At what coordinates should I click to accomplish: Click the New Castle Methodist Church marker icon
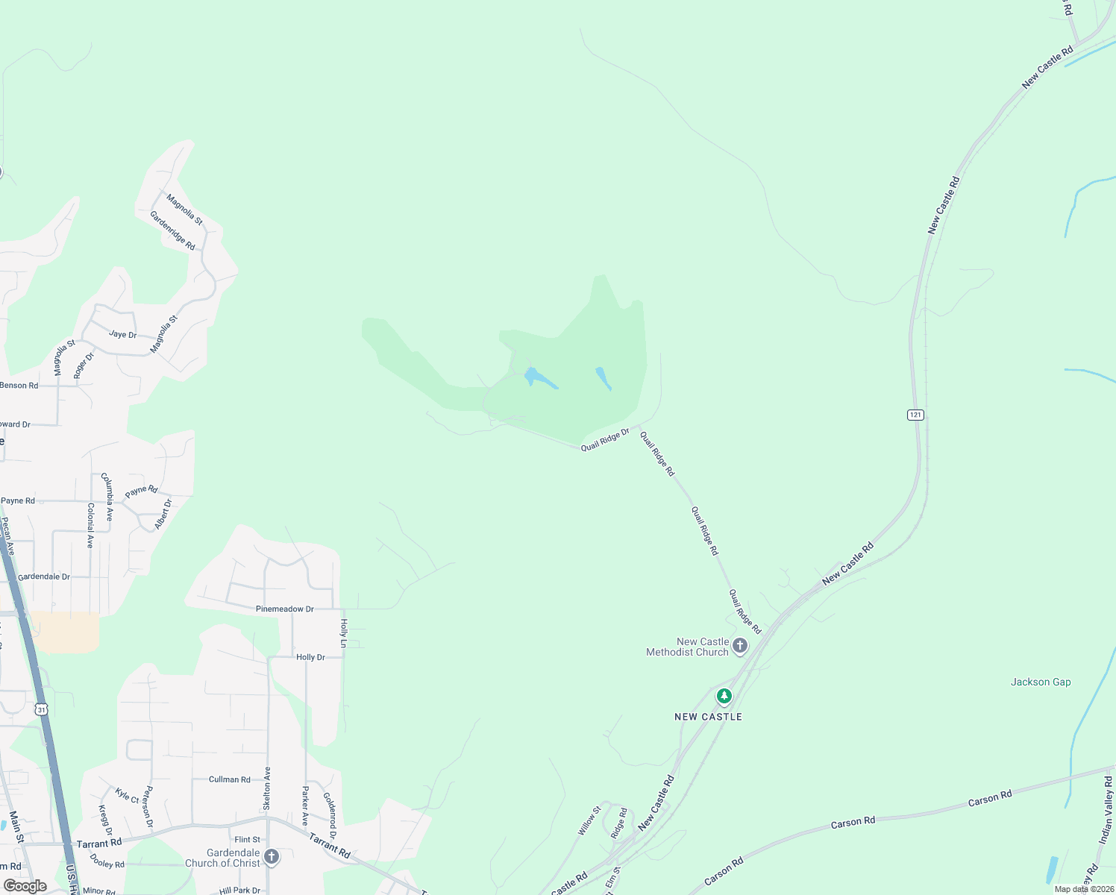coord(739,646)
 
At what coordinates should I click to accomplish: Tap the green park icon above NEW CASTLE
coord(724,697)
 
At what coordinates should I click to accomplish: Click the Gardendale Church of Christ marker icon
coord(272,857)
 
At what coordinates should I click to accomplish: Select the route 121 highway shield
coord(915,415)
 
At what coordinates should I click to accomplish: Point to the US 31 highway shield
coord(42,709)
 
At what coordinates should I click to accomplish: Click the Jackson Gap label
coord(1041,682)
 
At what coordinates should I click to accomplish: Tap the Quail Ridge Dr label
coord(605,439)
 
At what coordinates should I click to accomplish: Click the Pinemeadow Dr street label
coord(285,609)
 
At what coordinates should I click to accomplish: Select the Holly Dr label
coord(310,657)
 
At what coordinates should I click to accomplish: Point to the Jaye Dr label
coord(123,334)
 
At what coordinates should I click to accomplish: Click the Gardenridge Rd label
coord(172,230)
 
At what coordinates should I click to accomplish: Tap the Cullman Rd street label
coord(230,779)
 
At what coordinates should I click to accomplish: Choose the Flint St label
coord(248,840)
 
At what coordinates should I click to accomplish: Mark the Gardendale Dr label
coord(44,577)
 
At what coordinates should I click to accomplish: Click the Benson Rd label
coord(19,386)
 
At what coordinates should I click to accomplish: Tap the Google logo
coord(25,886)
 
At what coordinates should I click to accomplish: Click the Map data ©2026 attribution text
coord(1084,889)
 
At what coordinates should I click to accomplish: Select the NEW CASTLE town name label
coord(708,717)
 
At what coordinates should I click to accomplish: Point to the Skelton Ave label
coord(267,789)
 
